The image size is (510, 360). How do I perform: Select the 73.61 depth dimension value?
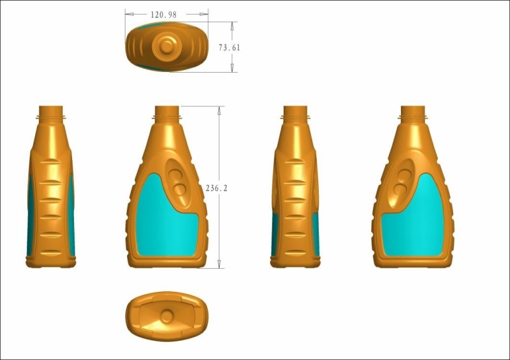[229, 47]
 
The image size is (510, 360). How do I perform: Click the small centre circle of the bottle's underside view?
[167, 316]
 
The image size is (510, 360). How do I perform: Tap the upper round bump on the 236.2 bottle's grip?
[175, 171]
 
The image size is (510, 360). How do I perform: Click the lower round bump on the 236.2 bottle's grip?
[181, 189]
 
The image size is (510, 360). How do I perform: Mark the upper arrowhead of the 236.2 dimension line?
[220, 110]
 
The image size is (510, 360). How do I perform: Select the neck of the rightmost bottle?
[413, 113]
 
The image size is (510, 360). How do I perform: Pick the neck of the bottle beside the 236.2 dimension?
[168, 113]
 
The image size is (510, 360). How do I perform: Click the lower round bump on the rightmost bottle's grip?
[400, 190]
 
